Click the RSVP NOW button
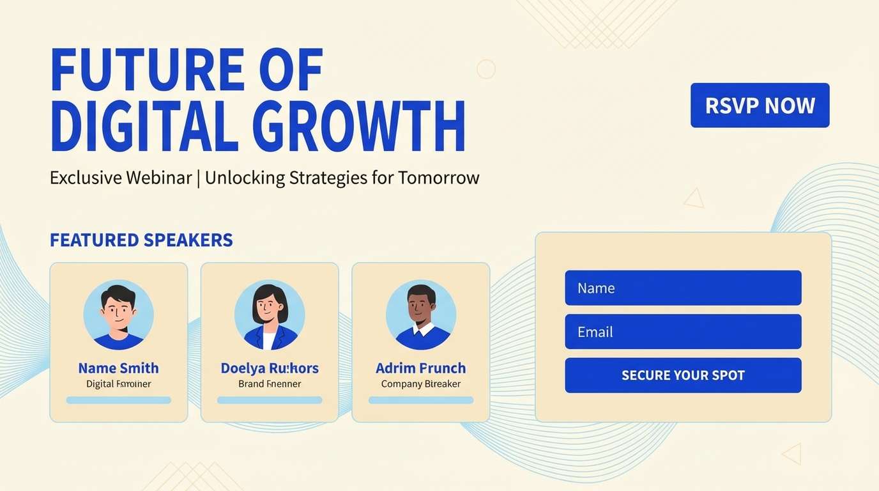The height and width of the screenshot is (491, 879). click(760, 105)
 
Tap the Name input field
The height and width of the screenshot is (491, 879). click(683, 288)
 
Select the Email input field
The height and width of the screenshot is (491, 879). click(683, 331)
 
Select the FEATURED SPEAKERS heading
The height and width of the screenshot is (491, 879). click(141, 240)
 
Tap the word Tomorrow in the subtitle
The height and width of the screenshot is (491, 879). click(438, 177)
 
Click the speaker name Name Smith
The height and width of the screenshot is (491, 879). click(118, 368)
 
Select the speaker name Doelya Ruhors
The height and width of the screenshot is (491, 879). click(270, 368)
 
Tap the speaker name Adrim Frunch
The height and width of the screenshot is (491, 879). click(420, 368)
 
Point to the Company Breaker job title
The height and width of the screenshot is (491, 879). click(420, 384)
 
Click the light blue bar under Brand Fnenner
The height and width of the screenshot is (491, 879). click(270, 400)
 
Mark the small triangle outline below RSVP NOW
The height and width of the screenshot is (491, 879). click(694, 199)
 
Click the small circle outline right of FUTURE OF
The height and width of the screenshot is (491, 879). click(486, 69)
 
